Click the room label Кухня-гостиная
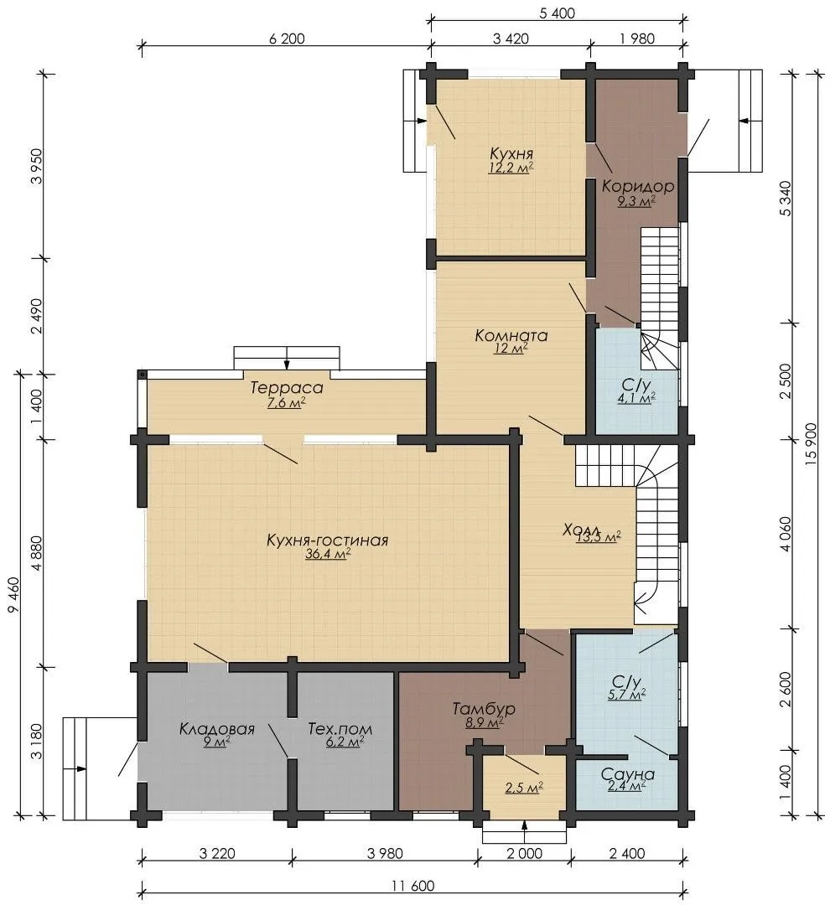pos(328,540)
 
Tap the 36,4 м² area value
pos(328,555)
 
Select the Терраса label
pos(287,388)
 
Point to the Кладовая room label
pos(216,728)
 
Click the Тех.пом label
pos(340,728)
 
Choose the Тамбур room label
pos(484,708)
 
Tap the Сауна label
pos(627,774)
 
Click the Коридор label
pos(638,186)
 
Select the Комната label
pos(511,335)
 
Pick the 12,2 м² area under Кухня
pos(511,168)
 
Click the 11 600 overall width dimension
pos(412,886)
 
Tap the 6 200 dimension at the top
pos(287,39)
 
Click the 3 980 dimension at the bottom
pos(385,853)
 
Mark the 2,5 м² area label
pos(525,788)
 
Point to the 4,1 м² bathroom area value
pos(636,397)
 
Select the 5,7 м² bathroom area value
pos(627,695)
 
